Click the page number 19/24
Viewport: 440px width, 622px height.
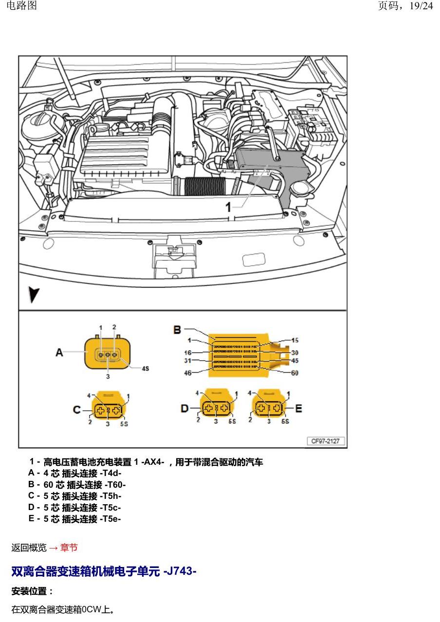click(x=421, y=6)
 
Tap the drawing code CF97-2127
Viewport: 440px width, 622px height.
click(x=325, y=441)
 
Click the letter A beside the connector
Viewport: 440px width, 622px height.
click(x=59, y=353)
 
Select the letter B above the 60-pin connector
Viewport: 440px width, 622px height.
click(x=177, y=330)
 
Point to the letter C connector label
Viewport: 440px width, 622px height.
click(x=77, y=410)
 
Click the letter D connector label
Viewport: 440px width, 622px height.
click(x=185, y=408)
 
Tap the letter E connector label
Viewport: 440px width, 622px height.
click(x=299, y=408)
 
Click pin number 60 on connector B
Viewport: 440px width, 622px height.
click(x=295, y=373)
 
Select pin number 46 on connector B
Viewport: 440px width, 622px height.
click(x=188, y=373)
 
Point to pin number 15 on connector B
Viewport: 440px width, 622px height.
click(x=295, y=340)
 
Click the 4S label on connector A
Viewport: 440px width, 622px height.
click(x=145, y=368)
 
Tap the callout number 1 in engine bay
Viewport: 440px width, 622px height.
click(x=228, y=207)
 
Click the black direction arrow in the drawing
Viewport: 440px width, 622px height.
click(x=34, y=294)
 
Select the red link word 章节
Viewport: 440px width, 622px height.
click(x=69, y=548)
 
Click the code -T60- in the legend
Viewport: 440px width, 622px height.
click(x=116, y=485)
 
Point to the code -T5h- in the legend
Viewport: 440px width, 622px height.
click(x=111, y=496)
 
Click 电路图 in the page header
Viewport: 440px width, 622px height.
click(x=21, y=5)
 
